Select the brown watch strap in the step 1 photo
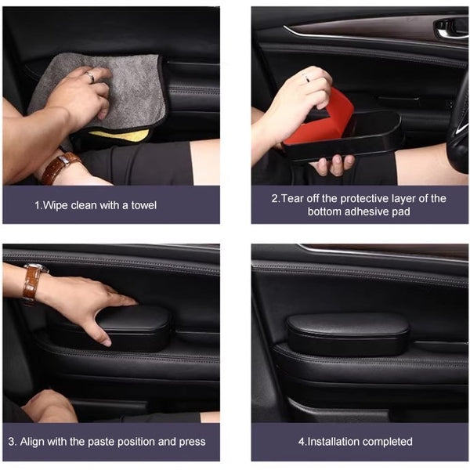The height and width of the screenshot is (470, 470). click(x=60, y=168)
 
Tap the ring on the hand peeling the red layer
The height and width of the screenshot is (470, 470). click(x=306, y=78)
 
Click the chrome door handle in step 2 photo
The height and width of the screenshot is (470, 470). click(x=450, y=27)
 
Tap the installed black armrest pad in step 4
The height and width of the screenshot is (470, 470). click(x=348, y=334)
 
